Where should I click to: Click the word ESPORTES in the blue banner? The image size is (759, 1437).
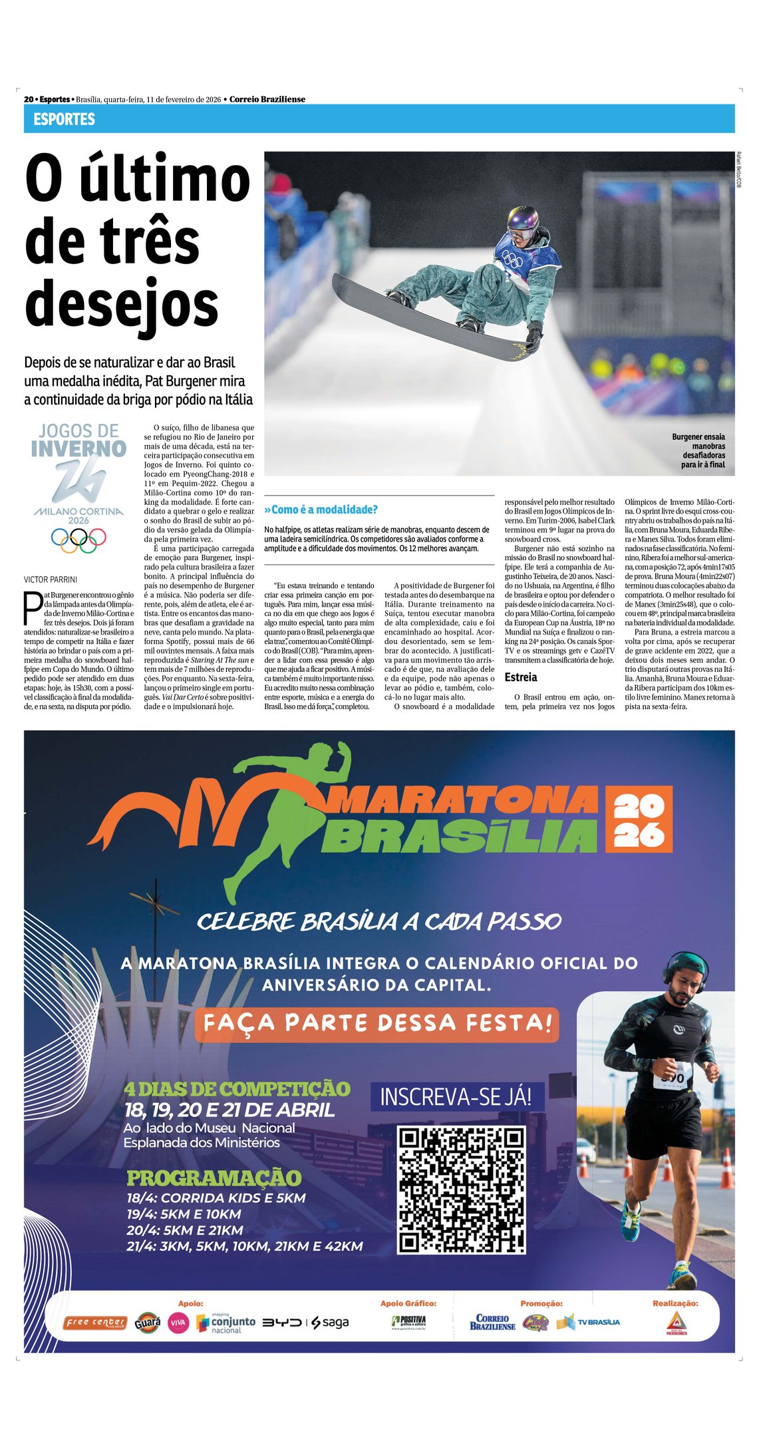click(64, 119)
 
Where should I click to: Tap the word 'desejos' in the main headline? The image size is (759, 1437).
click(122, 304)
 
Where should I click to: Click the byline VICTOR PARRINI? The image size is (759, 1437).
click(51, 579)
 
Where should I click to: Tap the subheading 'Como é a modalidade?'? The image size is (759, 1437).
click(321, 510)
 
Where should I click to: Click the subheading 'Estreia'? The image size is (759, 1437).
click(521, 677)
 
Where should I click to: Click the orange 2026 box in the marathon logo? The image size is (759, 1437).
click(638, 819)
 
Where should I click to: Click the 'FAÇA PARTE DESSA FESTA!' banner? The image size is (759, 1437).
click(377, 1023)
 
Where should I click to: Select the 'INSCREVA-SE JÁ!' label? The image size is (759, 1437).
click(456, 1096)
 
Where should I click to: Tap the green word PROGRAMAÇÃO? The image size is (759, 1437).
click(214, 1178)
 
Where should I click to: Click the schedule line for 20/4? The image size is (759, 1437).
click(185, 1230)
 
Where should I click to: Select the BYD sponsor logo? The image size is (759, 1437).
click(281, 1323)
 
